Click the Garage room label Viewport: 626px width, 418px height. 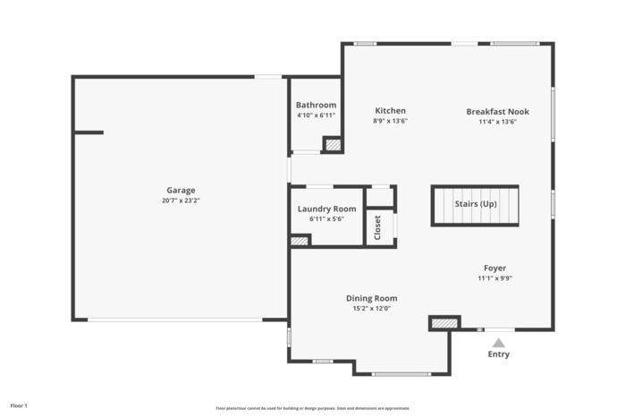coord(181,190)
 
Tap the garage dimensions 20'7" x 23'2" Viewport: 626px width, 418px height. coord(181,200)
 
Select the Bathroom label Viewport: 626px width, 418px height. coord(316,105)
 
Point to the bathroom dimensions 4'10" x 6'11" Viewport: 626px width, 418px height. coord(316,115)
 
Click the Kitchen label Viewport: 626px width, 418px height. coord(390,111)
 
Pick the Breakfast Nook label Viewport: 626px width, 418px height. coord(497,112)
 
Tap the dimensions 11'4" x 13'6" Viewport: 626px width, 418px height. coord(497,122)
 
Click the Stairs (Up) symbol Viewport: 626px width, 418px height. coord(475,205)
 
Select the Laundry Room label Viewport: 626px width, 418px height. coord(326,209)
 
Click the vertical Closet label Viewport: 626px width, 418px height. coord(377,227)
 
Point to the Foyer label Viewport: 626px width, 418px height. coord(495,268)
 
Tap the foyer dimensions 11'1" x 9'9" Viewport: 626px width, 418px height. coord(495,278)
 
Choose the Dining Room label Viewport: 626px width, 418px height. coord(371,298)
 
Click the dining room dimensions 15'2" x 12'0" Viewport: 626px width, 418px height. coord(371,309)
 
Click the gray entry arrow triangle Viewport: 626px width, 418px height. coord(498,343)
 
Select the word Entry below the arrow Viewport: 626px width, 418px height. coord(498,354)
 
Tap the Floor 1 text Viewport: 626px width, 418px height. coord(19,406)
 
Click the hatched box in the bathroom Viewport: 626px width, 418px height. coord(333,144)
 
